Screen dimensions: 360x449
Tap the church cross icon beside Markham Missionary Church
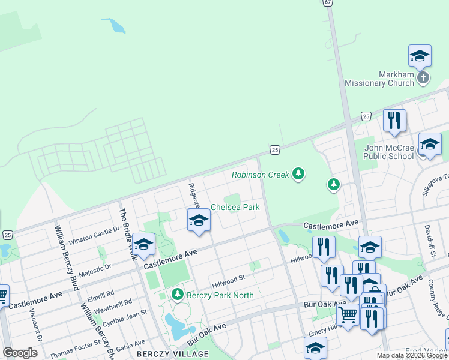(423, 77)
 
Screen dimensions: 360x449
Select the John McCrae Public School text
(389, 152)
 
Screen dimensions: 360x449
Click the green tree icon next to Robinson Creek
(298, 175)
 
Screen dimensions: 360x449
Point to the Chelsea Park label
(235, 207)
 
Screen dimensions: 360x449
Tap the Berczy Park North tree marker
(177, 294)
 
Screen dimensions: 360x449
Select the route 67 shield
(327, 2)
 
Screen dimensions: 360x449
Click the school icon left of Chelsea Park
(199, 220)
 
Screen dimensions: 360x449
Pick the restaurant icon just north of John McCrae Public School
(394, 120)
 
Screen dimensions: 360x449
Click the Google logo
(20, 353)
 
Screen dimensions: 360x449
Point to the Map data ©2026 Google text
(411, 355)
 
